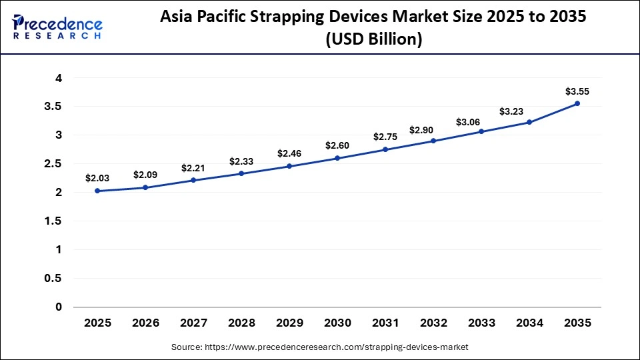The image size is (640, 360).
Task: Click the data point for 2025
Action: click(x=97, y=191)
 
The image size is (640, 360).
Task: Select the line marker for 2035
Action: click(x=577, y=103)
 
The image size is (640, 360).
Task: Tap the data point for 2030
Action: click(x=337, y=158)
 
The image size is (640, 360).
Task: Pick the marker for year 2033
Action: click(x=481, y=131)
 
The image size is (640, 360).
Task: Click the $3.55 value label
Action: click(x=577, y=91)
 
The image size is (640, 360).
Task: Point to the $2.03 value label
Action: click(x=97, y=178)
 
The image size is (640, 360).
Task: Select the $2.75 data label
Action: click(x=385, y=137)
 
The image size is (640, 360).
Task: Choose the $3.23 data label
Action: click(x=529, y=109)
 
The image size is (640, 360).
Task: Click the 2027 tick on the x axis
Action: click(x=193, y=323)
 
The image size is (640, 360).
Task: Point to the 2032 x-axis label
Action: click(x=433, y=323)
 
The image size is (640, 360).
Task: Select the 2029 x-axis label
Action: click(x=289, y=323)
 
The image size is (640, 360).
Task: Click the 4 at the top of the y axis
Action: click(x=59, y=78)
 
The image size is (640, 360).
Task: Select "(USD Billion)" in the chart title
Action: click(x=373, y=39)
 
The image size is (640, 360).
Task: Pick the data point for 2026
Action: click(x=145, y=187)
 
